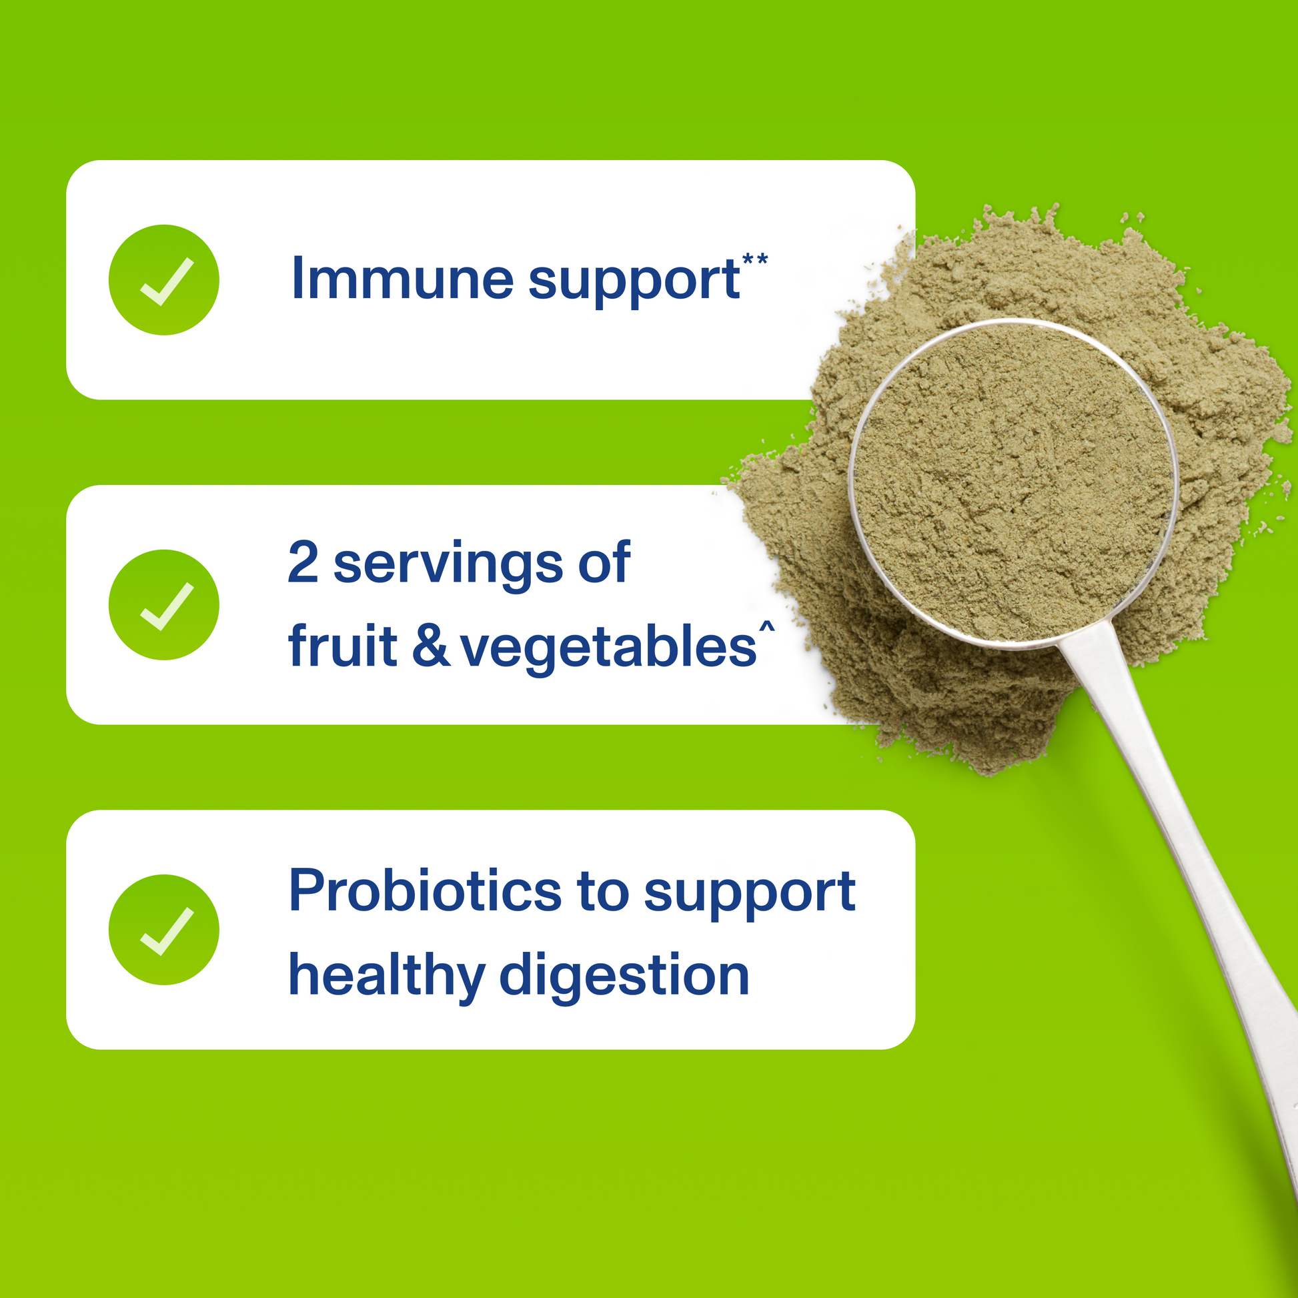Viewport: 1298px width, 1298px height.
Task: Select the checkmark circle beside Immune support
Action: pyautogui.click(x=164, y=279)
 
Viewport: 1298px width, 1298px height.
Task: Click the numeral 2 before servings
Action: pyautogui.click(x=303, y=562)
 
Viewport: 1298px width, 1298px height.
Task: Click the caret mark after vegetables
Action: pyautogui.click(x=766, y=627)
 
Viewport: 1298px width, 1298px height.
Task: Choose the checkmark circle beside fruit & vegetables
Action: pyautogui.click(x=164, y=605)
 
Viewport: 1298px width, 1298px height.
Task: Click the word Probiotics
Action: pyautogui.click(x=425, y=891)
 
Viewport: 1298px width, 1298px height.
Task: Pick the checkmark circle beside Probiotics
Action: pyautogui.click(x=164, y=930)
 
